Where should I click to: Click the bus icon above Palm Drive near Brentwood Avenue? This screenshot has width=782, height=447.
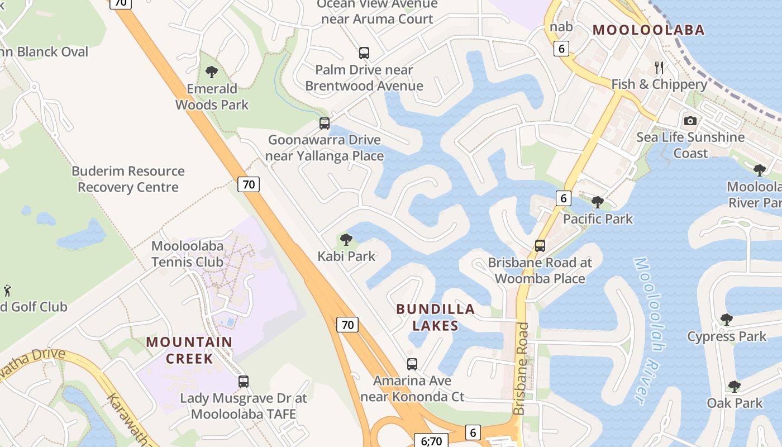[364, 53]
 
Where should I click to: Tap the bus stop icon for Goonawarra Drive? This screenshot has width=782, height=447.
[325, 123]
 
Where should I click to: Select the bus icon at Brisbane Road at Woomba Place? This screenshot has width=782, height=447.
[540, 245]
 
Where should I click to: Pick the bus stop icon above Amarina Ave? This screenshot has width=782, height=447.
[412, 364]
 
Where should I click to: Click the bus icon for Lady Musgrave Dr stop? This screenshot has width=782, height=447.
[243, 382]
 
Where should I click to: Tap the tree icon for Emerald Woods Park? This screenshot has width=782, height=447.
[211, 72]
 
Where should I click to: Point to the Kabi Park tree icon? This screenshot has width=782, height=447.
[346, 240]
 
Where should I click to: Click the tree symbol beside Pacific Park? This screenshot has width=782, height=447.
[597, 202]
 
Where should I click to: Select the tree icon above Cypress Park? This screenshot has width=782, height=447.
[726, 320]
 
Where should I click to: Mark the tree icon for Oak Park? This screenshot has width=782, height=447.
[734, 386]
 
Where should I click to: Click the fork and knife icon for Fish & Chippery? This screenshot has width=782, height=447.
[659, 68]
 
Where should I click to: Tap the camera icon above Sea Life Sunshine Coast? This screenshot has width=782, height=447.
[690, 121]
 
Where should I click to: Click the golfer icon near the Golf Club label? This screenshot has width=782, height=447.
[7, 291]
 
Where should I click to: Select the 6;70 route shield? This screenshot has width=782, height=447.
[431, 441]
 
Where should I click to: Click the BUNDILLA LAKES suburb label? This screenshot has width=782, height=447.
[435, 317]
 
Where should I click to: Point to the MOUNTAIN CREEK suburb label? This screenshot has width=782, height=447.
[189, 350]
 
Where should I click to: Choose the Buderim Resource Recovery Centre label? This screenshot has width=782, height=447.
[128, 179]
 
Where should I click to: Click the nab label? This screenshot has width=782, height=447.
[561, 27]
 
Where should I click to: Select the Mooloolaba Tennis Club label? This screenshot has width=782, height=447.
[188, 254]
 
